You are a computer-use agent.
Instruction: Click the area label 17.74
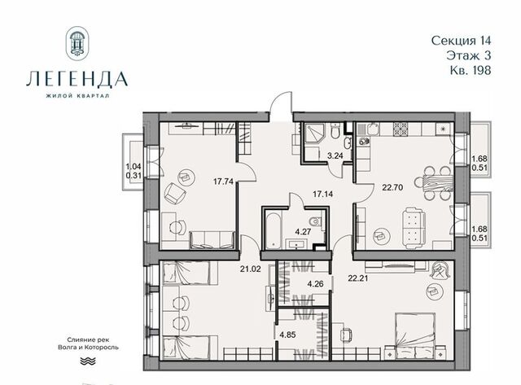223,182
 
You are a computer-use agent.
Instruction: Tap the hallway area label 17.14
322,194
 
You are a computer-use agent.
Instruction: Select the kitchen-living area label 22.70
392,187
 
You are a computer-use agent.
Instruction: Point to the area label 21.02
250,269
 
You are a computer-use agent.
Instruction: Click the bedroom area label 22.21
358,278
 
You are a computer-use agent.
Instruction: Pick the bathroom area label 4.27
303,231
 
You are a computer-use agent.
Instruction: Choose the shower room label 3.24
335,155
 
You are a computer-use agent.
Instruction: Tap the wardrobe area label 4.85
287,335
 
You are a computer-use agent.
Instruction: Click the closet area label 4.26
315,284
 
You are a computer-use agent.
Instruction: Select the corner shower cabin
312,134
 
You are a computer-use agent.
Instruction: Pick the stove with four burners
401,129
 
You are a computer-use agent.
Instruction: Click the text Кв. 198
471,70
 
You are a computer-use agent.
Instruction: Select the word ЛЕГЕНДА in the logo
77,79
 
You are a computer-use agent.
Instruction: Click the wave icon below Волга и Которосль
88,361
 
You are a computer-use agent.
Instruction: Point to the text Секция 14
461,41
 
